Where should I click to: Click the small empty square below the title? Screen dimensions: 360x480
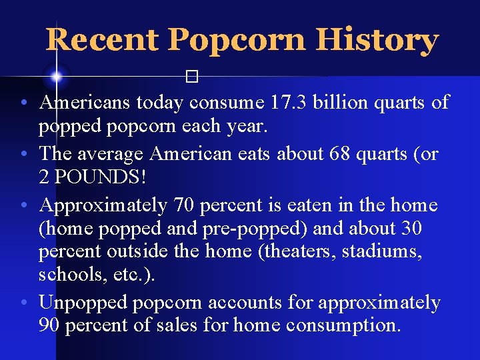click(193, 77)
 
